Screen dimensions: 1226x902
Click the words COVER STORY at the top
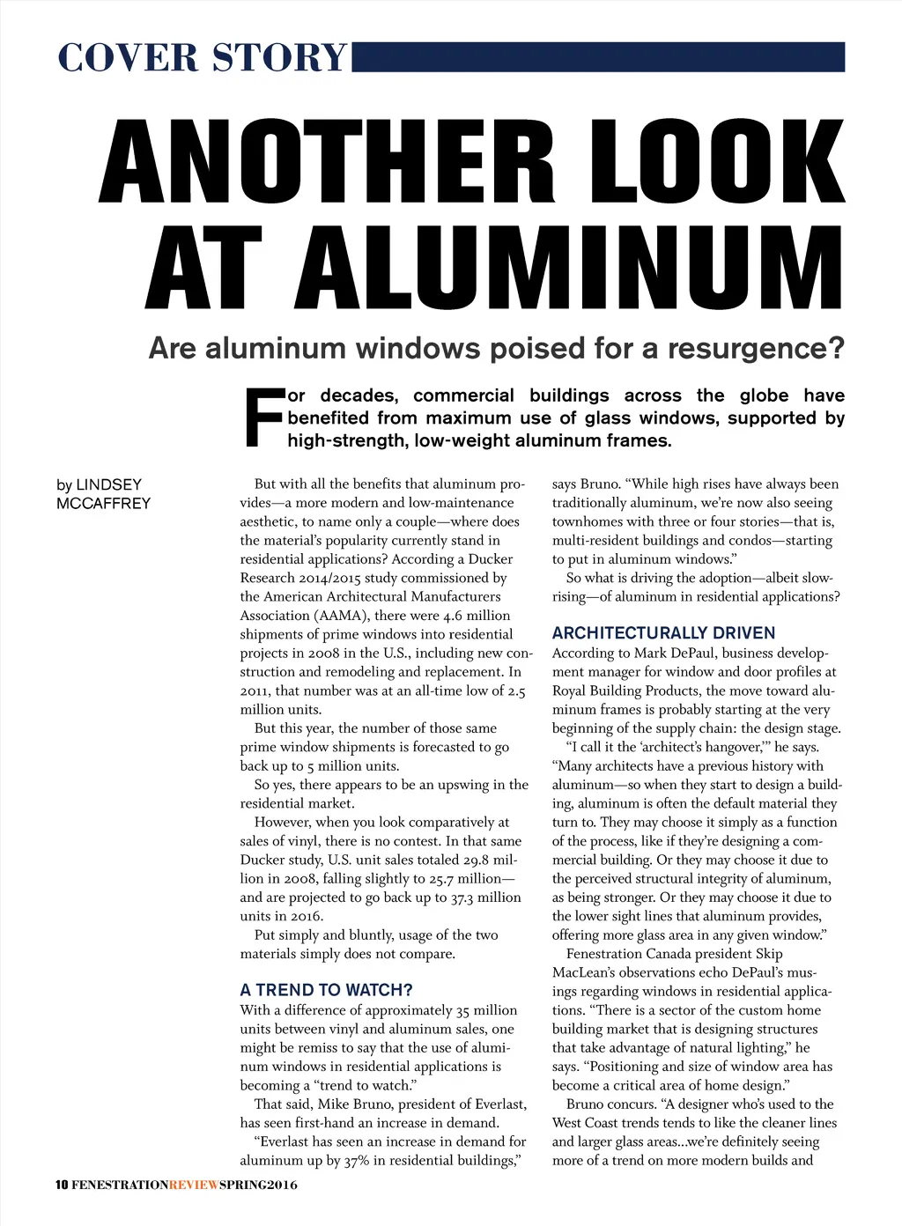pos(203,58)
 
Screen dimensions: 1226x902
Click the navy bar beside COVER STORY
pos(598,56)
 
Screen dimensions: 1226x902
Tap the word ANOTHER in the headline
pos(330,160)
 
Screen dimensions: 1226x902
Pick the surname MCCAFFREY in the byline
pos(103,504)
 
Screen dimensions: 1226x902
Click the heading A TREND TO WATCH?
pos(326,990)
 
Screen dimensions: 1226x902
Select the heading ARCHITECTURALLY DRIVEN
pos(663,633)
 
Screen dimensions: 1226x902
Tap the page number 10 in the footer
pos(62,1185)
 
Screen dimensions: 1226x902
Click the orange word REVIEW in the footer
pos(194,1185)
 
